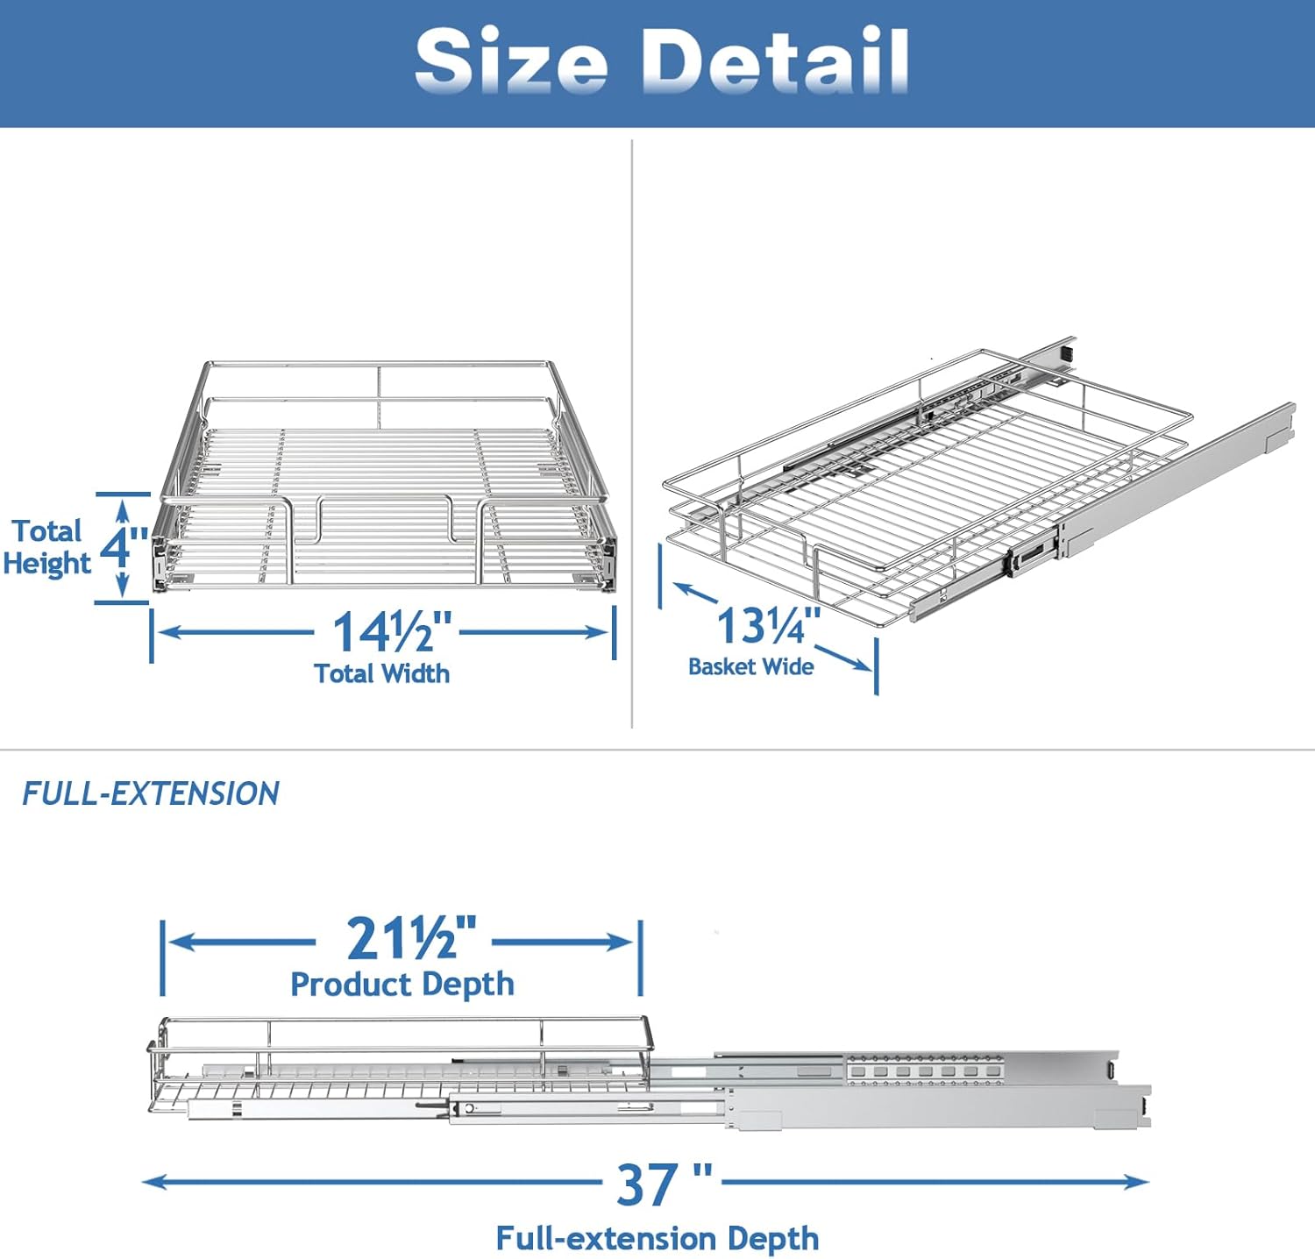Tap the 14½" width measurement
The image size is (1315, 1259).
(x=392, y=631)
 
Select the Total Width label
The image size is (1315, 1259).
(x=382, y=673)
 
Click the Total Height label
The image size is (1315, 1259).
(x=47, y=547)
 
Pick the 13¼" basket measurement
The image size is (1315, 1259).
(x=768, y=625)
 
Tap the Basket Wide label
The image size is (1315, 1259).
(x=751, y=666)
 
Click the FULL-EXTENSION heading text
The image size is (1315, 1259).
(x=151, y=793)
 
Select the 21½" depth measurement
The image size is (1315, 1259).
(x=411, y=939)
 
